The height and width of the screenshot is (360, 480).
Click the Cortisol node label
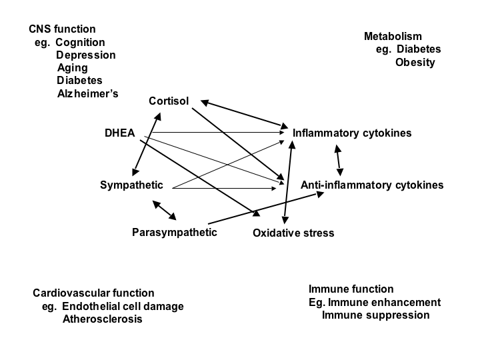pos(169,101)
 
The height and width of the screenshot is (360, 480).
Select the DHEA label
pos(119,133)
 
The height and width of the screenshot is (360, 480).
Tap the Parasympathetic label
pos(175,233)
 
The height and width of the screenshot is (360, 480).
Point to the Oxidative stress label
pos(293,233)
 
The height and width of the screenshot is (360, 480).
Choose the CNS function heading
pos(62,29)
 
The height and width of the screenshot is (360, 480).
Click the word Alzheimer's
pos(87,93)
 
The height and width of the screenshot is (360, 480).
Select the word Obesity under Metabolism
pos(415,63)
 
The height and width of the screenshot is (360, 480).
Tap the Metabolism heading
pos(393,37)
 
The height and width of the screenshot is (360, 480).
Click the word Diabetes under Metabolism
pos(419,49)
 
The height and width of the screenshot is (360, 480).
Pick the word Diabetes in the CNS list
pos(79,81)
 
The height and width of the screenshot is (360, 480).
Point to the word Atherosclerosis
pos(102,319)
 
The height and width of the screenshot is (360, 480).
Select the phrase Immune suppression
pos(375,315)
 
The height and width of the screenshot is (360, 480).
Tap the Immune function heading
pos(351,289)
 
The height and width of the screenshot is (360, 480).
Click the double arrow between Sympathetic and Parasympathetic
pos(164,209)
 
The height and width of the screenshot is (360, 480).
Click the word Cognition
pos(80,42)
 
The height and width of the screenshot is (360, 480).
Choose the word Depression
pos(85,55)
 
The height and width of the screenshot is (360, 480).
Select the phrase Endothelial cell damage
pos(123,307)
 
